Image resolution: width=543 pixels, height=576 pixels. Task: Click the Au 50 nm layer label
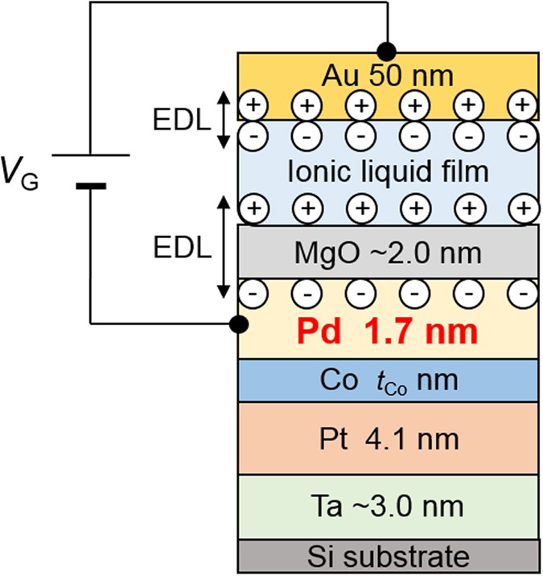tap(388, 76)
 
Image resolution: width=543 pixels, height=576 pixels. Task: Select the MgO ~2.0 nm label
tap(388, 254)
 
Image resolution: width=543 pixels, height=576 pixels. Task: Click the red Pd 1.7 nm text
tap(388, 331)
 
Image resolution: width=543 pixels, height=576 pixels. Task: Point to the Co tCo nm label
tap(388, 379)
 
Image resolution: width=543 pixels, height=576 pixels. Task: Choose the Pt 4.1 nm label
tap(388, 439)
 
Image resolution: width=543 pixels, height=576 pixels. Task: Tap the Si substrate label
tap(388, 555)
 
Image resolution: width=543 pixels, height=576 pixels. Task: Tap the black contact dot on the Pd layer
tap(237, 324)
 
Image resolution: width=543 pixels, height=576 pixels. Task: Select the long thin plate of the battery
tap(89, 154)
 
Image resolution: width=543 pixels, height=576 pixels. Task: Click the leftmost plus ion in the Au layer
tap(253, 105)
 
